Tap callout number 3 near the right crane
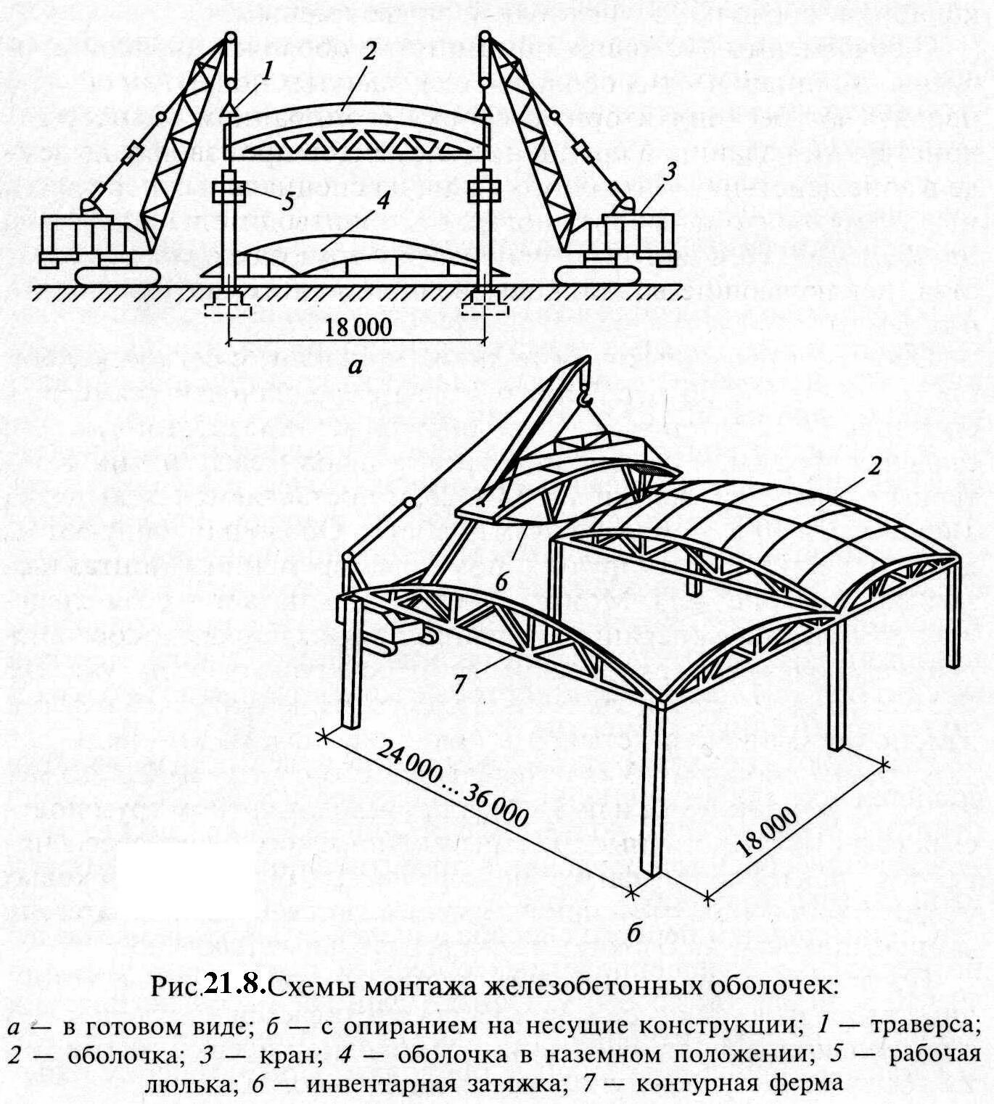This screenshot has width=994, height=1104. [670, 172]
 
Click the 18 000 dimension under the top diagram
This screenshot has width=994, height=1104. [356, 327]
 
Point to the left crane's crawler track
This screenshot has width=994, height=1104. [116, 276]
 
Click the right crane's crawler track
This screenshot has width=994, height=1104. [599, 274]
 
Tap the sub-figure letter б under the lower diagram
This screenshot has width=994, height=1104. [633, 933]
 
